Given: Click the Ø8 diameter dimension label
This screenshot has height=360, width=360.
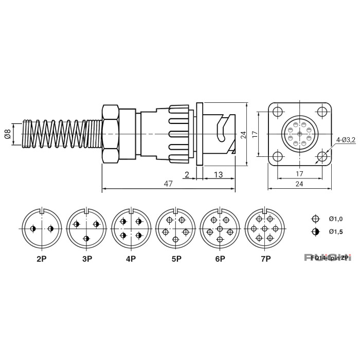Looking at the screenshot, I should click(x=7, y=134).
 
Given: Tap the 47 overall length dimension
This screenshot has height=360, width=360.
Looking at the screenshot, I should click(x=168, y=184).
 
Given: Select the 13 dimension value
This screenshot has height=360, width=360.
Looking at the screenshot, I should click(x=218, y=174).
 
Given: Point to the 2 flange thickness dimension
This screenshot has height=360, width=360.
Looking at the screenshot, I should click(x=186, y=174).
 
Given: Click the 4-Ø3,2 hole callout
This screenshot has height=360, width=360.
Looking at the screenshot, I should click(x=346, y=139).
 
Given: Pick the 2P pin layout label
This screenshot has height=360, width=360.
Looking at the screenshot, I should click(x=42, y=259).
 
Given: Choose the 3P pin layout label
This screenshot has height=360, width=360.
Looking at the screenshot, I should click(x=86, y=259).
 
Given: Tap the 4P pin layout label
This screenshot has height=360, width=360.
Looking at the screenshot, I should click(x=131, y=259).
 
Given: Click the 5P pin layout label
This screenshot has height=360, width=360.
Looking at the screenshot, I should click(x=175, y=259).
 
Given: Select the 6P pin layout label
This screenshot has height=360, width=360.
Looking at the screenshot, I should click(x=220, y=259).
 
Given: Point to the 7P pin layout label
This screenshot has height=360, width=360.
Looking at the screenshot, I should click(x=265, y=259).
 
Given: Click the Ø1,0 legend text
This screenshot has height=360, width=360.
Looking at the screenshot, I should click(x=335, y=219).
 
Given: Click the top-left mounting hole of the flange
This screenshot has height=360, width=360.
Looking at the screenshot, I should click(x=277, y=112).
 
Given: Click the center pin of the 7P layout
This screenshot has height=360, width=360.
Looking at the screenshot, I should click(x=265, y=228).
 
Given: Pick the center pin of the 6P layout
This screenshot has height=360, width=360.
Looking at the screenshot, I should click(x=220, y=228).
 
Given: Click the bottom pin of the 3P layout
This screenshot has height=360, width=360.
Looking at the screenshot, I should click(x=86, y=238).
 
